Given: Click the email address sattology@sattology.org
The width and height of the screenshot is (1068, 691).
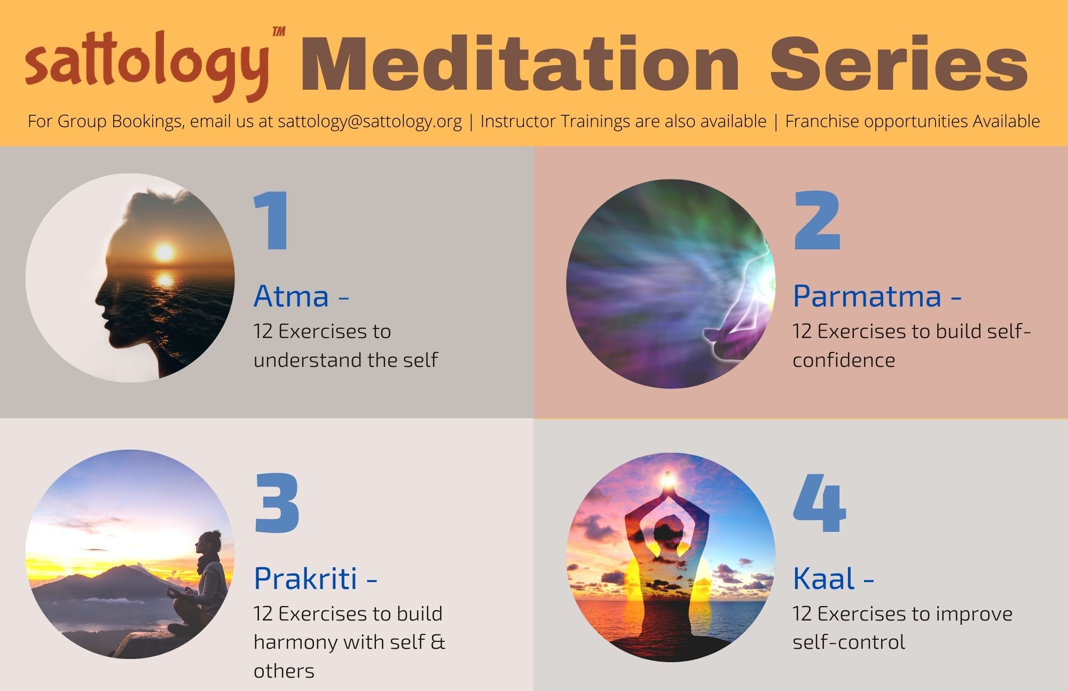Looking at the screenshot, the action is coord(370,121).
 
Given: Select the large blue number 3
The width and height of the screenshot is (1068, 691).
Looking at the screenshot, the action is coord(277,502).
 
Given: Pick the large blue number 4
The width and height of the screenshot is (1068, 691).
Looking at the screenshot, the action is coord(819,502).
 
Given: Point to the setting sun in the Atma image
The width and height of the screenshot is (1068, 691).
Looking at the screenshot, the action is coord(164,252).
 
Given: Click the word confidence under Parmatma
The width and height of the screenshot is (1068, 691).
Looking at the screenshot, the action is coord(844,360).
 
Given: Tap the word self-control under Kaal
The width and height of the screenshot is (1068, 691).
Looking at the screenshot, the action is coord(849,642).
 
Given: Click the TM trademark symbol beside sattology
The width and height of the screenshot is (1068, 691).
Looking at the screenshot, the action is coord(279,32).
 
